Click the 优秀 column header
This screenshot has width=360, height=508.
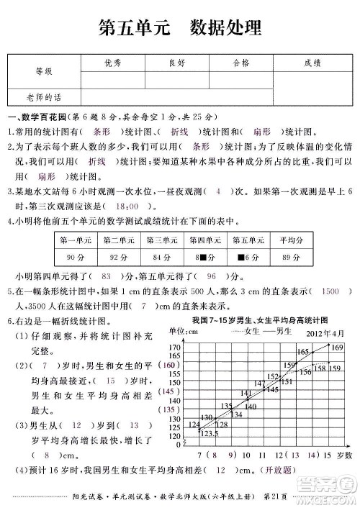113,63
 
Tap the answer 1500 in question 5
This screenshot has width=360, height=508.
330,292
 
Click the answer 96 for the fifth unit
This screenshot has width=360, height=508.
212,276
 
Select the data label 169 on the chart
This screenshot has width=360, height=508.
338,348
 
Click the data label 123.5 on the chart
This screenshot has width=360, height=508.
210,433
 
